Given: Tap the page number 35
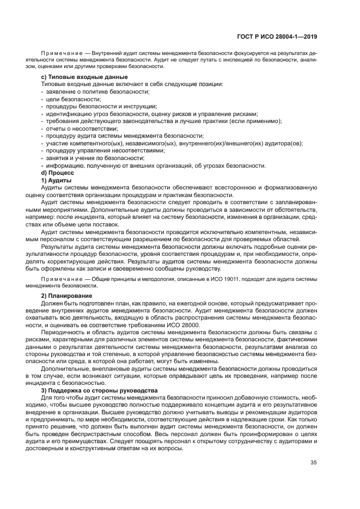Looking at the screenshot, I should click(x=313, y=463).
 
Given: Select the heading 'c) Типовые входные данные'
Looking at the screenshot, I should click(x=84, y=77).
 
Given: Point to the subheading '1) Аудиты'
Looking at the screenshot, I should click(x=57, y=179).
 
